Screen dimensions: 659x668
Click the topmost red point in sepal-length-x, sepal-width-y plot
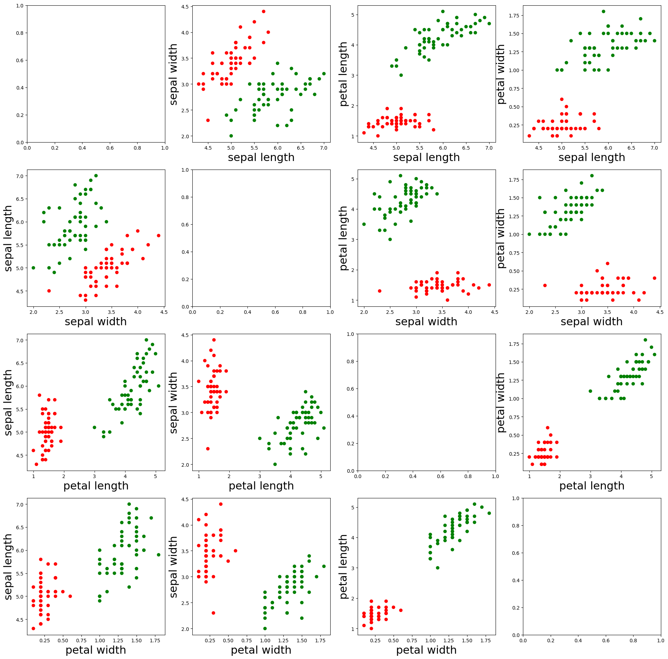[x=263, y=11]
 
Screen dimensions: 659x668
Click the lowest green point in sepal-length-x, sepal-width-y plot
[x=231, y=136]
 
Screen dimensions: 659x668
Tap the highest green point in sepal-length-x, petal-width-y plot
[x=603, y=11]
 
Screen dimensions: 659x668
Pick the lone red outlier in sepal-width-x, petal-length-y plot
[x=379, y=291]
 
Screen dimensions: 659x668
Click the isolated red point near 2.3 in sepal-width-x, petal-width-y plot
[x=545, y=285]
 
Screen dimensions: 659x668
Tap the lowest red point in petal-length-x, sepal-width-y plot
[x=208, y=449]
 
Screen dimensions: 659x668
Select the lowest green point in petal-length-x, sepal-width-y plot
[x=275, y=464]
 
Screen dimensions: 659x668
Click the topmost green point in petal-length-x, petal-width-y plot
[x=645, y=340]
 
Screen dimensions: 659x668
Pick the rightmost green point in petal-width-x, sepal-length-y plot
[x=159, y=554]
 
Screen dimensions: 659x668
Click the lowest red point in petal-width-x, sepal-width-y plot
[x=213, y=613]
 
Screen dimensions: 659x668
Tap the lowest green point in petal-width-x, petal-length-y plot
[x=438, y=568]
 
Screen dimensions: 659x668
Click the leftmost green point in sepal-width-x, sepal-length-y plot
[x=33, y=268]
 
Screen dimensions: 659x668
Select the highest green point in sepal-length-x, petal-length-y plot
[x=443, y=11]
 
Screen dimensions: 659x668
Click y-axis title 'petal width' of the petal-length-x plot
[x=501, y=402]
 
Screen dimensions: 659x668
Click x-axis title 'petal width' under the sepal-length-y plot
[x=96, y=650]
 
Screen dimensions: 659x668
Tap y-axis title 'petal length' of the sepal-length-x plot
[x=343, y=74]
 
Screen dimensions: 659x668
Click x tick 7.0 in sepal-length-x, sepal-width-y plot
[x=324, y=148]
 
